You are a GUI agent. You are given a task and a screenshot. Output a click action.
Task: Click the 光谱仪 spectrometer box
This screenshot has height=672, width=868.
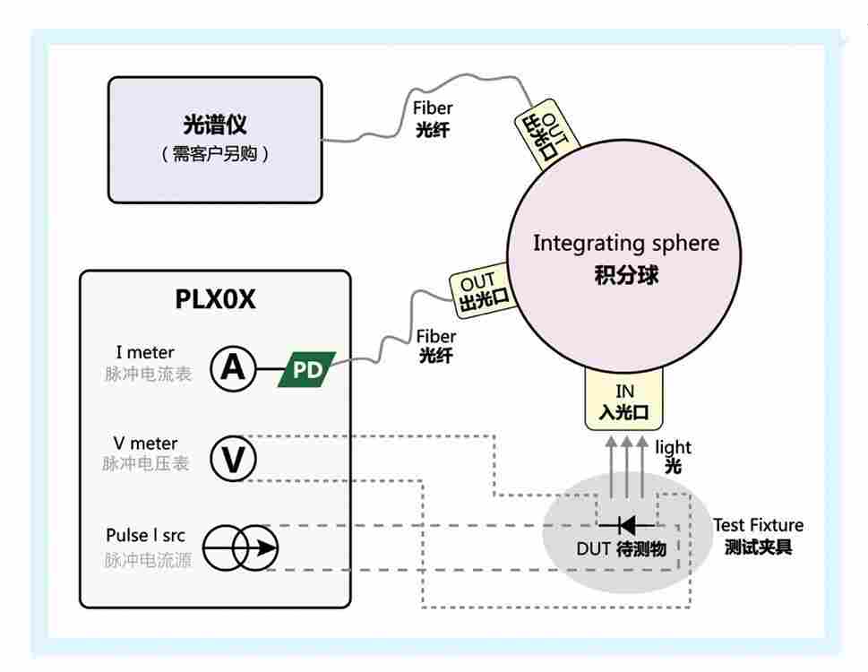[215, 139]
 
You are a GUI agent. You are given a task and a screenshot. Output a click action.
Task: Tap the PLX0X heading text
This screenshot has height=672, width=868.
[215, 299]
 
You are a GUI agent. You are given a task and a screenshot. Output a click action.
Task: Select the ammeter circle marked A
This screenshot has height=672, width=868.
[233, 368]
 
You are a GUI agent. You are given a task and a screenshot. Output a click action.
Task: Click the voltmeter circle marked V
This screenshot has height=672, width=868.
[233, 459]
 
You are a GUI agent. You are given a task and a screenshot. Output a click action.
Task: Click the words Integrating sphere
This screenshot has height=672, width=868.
[625, 244]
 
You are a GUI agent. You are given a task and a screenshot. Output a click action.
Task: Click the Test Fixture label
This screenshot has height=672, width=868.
[758, 525]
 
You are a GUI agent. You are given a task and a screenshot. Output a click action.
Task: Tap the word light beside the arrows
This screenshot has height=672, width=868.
[673, 447]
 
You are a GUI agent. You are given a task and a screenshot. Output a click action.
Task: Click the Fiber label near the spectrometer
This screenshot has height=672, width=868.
[433, 108]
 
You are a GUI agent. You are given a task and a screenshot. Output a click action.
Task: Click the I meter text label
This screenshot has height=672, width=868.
[145, 352]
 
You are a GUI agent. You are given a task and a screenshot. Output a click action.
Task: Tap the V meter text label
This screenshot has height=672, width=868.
[145, 444]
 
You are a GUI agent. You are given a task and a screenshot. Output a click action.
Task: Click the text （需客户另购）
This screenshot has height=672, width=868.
[215, 154]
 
